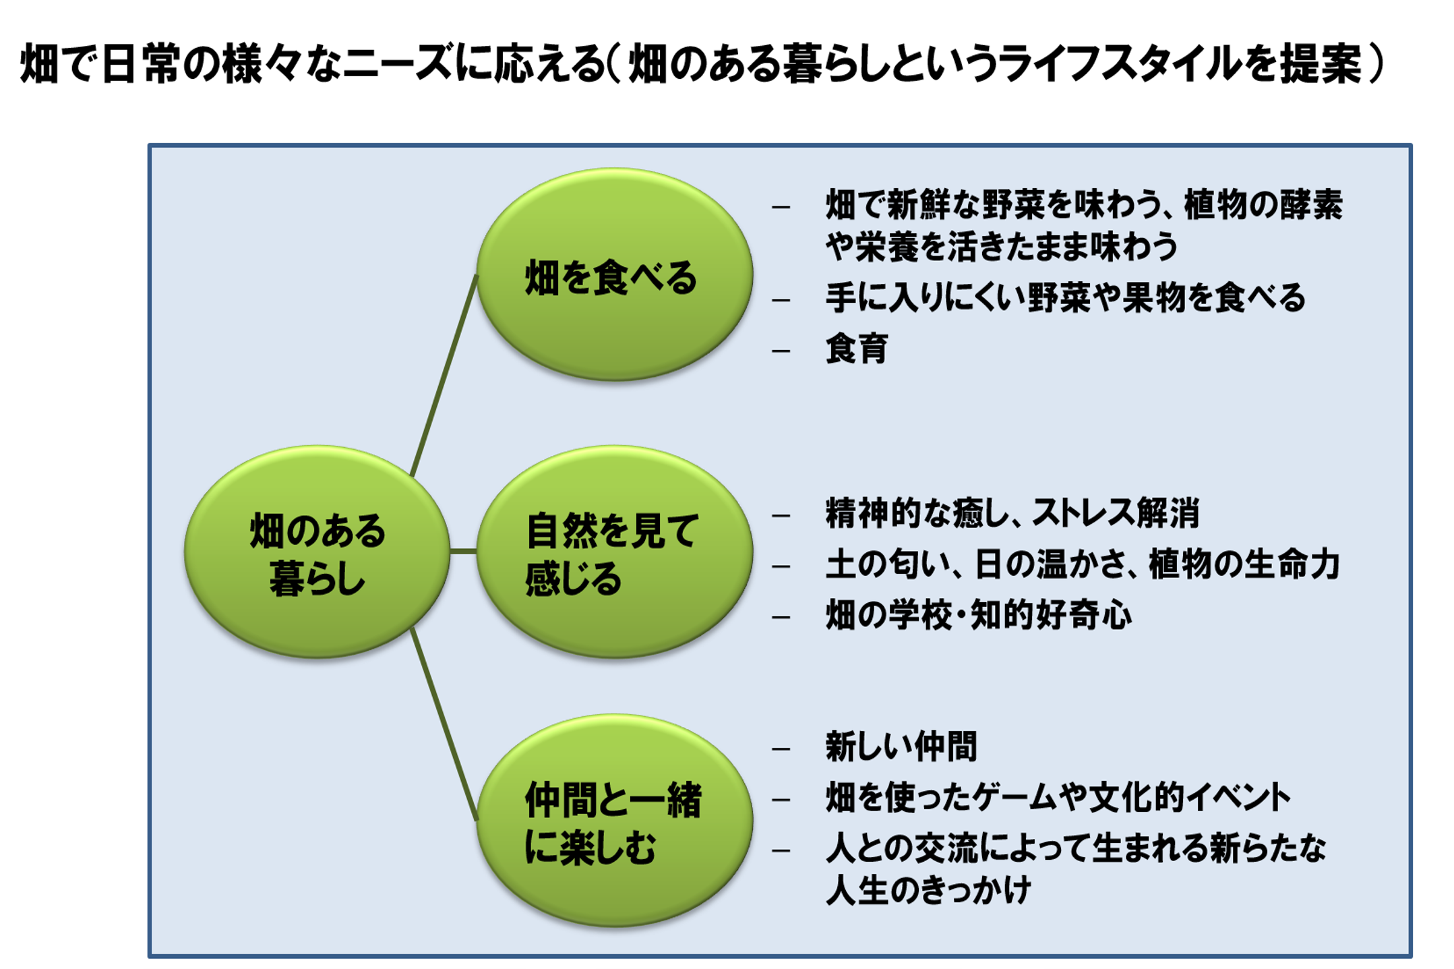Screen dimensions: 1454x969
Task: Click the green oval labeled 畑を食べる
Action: [x=614, y=274]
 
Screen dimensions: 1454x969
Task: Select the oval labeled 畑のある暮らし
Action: [x=317, y=552]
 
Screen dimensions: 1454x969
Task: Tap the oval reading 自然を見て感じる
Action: [x=614, y=552]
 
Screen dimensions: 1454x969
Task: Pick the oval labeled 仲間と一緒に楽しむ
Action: [x=614, y=821]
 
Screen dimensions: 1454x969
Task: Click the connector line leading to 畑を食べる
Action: [x=444, y=376]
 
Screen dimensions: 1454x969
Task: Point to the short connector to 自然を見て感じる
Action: [x=463, y=552]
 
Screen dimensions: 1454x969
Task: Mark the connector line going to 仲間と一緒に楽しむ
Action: [x=444, y=724]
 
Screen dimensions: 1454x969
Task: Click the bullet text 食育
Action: [x=857, y=349]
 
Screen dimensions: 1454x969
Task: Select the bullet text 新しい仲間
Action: [x=901, y=746]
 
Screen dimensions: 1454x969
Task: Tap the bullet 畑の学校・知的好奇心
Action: [x=979, y=615]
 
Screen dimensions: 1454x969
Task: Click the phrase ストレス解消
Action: [x=1116, y=513]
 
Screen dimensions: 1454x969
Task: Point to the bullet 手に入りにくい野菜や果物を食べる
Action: [x=1066, y=297]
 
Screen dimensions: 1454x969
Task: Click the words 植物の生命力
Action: [x=1244, y=564]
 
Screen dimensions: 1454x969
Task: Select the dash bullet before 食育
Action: [x=781, y=351]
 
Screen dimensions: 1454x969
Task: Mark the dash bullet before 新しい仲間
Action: [x=781, y=748]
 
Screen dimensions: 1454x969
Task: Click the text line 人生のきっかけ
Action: [x=928, y=890]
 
